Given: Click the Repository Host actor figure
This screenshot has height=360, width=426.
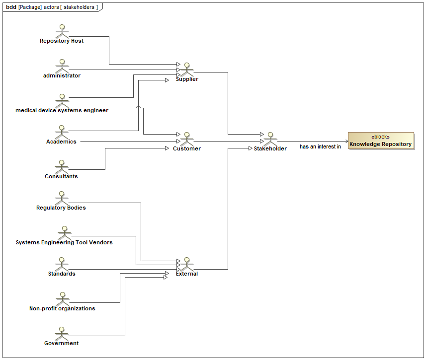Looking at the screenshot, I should tap(62, 30).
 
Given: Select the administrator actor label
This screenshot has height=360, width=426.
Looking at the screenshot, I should tap(62, 75).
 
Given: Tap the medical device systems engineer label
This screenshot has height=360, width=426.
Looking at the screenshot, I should tap(62, 110).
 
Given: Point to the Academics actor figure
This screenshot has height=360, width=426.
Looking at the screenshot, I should tap(62, 132).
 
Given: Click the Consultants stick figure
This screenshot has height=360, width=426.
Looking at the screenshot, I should tap(62, 166).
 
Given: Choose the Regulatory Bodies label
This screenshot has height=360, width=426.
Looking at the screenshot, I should tap(61, 208).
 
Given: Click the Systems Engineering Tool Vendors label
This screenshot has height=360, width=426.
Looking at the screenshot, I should tap(64, 242).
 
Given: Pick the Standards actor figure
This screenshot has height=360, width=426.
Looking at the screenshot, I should tap(62, 264).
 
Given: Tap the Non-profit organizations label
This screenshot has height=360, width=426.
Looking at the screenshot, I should tap(62, 308).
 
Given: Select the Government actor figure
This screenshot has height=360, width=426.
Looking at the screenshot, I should tap(62, 333).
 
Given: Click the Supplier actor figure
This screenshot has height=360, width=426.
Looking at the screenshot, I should tap(187, 69).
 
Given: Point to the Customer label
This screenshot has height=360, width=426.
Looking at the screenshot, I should tap(187, 148).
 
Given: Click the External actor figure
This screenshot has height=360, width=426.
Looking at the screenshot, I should tap(187, 264).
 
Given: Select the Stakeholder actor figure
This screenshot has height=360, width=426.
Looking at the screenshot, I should tap(270, 139).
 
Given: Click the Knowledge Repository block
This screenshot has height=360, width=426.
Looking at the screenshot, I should tap(381, 141).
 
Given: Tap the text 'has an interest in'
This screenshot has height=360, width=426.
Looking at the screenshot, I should tap(320, 147).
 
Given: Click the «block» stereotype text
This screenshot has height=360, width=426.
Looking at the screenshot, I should tap(380, 137).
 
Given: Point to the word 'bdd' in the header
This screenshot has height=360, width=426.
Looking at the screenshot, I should tap(11, 7).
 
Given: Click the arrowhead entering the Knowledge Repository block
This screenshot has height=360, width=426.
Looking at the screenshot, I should tap(345, 141).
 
